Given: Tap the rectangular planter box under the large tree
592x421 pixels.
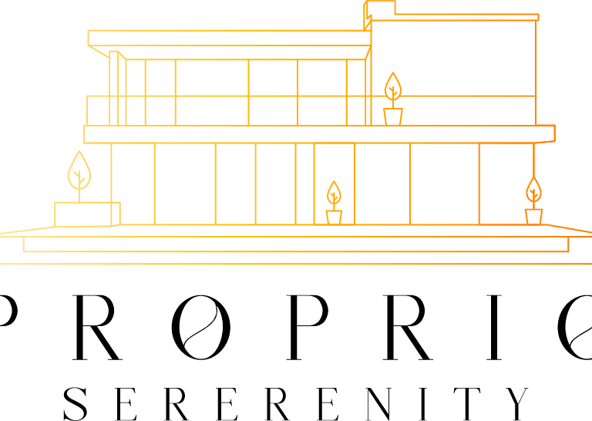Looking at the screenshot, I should tap(86, 214).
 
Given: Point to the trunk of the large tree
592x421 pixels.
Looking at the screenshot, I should tap(79, 193).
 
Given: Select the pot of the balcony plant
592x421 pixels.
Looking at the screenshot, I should tap(392, 116).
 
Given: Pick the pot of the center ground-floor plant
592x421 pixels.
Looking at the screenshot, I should tap(334, 217).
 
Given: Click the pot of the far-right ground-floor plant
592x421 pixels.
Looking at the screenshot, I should tap(533, 217).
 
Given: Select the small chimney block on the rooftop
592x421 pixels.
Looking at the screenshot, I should tap(380, 8).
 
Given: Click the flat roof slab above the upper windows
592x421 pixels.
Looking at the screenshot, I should tap(227, 38).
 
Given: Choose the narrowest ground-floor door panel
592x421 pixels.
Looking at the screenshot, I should tap(304, 184).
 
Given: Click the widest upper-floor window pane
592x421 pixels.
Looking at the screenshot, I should tap(211, 78).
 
